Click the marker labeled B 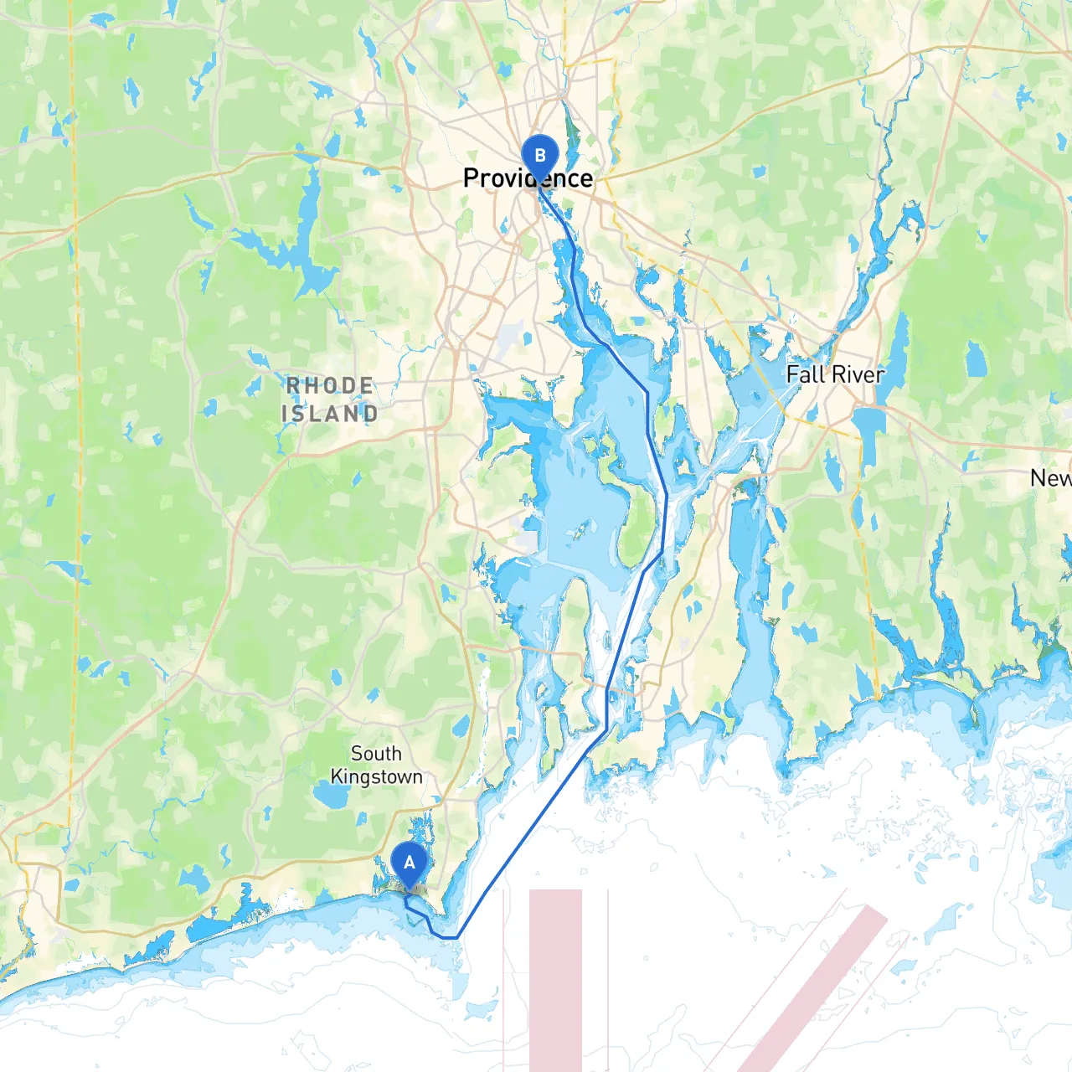pos(540,157)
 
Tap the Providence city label pos(528,178)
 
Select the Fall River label pos(835,374)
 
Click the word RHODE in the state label pos(330,386)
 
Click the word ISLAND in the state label pos(330,414)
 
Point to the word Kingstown pos(376,777)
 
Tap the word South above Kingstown pos(376,754)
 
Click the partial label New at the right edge pos(1050,478)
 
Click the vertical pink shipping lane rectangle pos(555,980)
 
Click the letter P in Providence pos(471,178)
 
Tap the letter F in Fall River pos(793,374)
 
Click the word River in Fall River pos(858,374)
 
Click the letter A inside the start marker pos(410,862)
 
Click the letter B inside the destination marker pos(540,155)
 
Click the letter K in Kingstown pos(337,776)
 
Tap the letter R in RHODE pos(293,386)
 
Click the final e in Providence pos(585,179)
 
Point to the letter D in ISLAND pos(369,414)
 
